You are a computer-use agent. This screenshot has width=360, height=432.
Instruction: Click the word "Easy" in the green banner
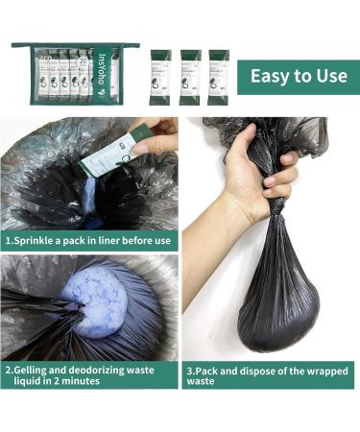268,77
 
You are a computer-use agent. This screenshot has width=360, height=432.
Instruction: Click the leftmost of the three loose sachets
159,76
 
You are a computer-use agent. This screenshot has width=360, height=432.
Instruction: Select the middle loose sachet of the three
190,76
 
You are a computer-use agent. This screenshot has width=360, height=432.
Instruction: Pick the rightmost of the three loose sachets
219,76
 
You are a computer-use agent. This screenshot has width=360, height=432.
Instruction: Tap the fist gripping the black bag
274,179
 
